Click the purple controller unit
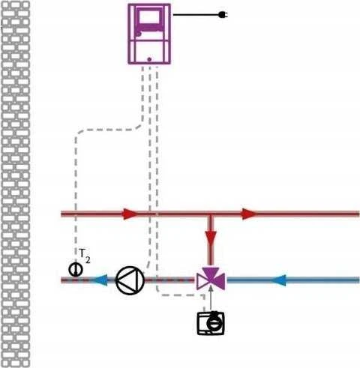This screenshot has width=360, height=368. [149, 34]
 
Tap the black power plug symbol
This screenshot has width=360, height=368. [222, 15]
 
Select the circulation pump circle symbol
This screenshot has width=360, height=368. [130, 280]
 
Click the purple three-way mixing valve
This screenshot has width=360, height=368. [211, 279]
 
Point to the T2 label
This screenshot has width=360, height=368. [84, 256]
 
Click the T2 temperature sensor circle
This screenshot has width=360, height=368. [76, 270]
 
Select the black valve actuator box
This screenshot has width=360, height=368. [211, 323]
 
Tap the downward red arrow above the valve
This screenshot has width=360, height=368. [211, 238]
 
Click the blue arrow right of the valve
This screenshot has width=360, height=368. [278, 280]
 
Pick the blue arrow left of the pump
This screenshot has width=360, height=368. [100, 280]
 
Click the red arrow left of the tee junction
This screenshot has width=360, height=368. [130, 214]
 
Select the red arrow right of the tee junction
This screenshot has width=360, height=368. [250, 214]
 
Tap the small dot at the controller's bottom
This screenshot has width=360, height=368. [149, 59]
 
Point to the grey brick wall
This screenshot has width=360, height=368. [16, 184]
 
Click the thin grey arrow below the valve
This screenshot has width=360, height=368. [211, 298]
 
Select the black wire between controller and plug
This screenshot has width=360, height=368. [196, 15]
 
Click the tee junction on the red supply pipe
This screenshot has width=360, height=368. [211, 214]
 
